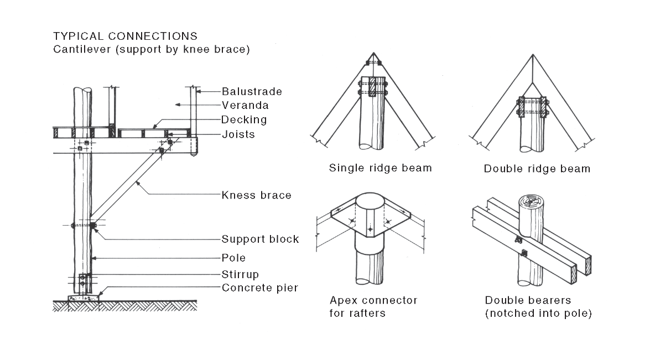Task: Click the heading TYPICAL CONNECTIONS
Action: [x=125, y=36]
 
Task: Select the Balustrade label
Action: [x=252, y=92]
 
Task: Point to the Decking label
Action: [x=244, y=120]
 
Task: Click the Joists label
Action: [x=238, y=134]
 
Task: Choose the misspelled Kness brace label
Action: [x=256, y=195]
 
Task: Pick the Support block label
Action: [x=260, y=239]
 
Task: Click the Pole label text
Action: [x=233, y=258]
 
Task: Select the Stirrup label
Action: [x=240, y=274]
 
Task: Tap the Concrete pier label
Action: [x=259, y=288]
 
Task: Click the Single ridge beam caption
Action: [x=380, y=168]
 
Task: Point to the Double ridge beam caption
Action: [x=537, y=169]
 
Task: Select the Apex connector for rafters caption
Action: [x=373, y=307]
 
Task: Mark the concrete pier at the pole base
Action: [x=84, y=298]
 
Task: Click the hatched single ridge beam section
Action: [x=372, y=87]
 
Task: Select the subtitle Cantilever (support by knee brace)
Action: [x=152, y=49]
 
